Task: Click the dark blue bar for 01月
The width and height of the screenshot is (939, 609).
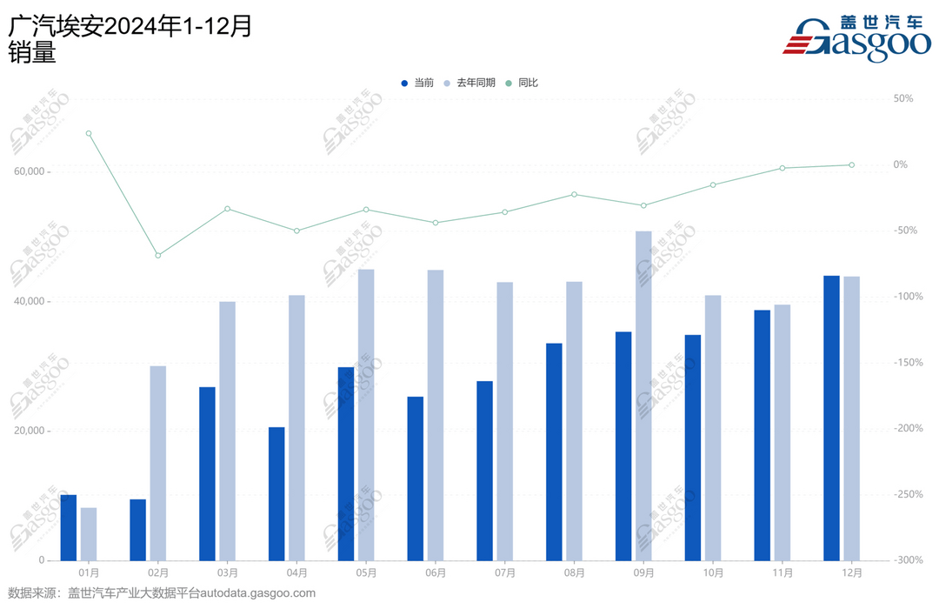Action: (69, 527)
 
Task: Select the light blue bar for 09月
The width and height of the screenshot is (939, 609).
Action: (644, 396)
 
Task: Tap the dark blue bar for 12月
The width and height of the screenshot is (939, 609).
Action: (831, 418)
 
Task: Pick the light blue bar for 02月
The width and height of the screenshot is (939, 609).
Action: (158, 463)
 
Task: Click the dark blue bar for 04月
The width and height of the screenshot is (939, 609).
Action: (276, 493)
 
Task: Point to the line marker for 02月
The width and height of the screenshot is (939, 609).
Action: (158, 255)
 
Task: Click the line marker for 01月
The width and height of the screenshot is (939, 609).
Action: (89, 133)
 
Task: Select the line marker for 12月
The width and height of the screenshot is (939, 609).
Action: (852, 164)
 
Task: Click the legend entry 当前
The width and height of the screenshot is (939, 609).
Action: (417, 83)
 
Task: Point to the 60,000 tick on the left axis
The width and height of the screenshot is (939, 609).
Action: (30, 172)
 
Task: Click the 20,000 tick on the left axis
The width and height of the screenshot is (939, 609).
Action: (30, 431)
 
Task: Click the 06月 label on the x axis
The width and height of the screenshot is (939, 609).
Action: (436, 573)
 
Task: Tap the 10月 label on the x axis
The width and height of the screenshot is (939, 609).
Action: (713, 573)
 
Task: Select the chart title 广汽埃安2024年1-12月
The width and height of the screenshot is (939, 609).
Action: (130, 27)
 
